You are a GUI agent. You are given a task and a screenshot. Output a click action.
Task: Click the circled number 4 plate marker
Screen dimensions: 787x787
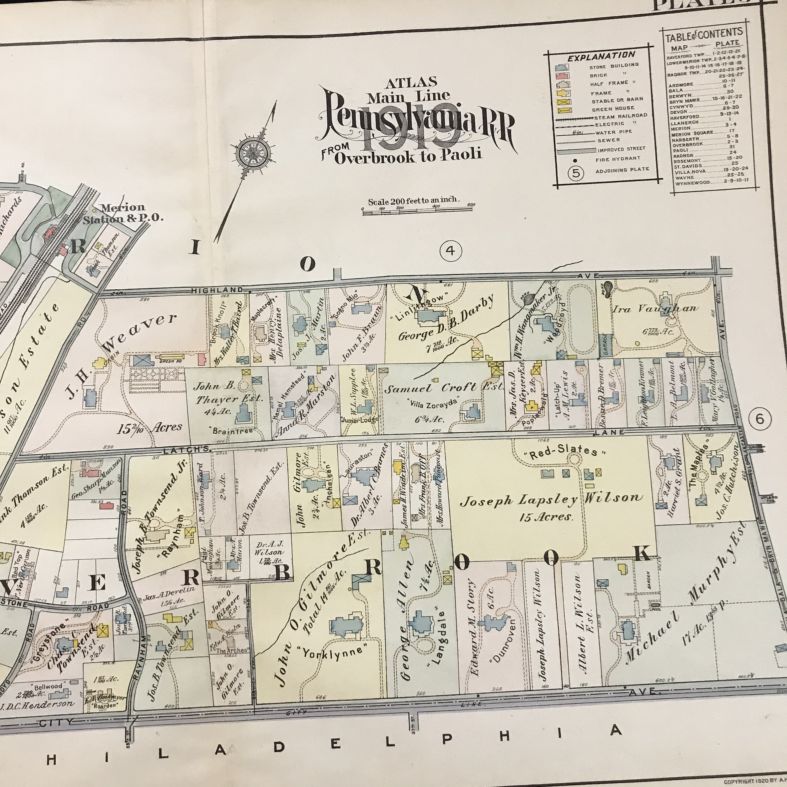(450, 251)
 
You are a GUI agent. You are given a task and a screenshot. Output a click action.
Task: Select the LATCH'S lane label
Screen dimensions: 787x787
(187, 450)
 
